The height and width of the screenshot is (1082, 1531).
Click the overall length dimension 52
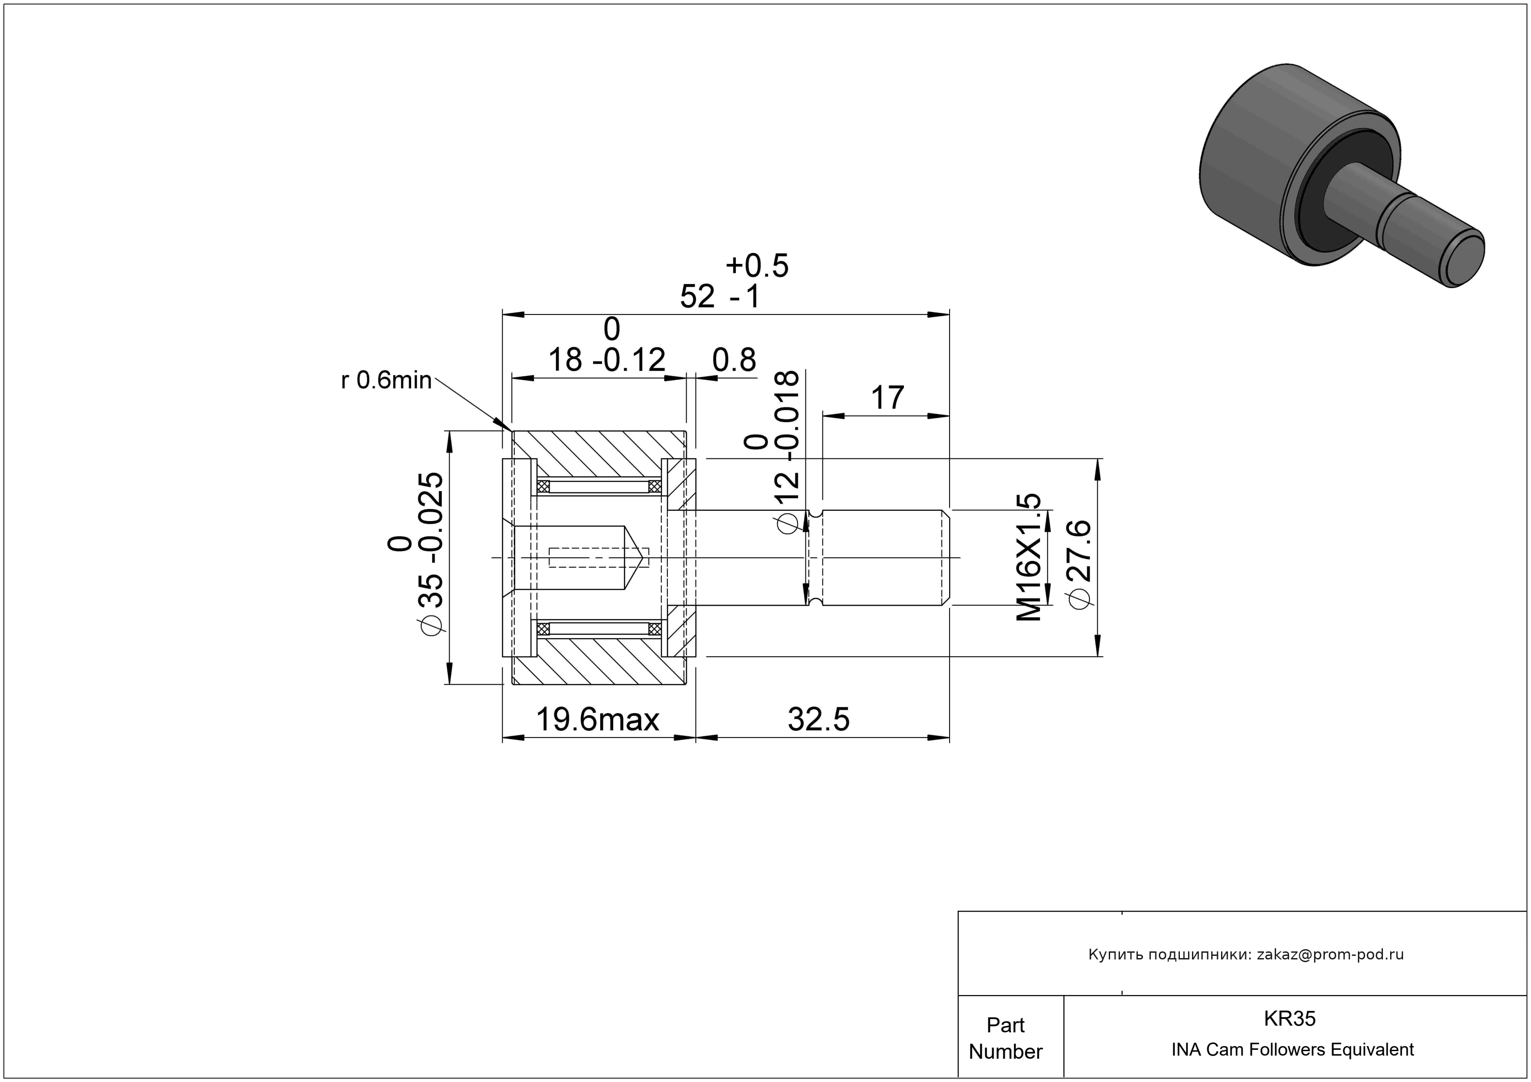tap(697, 297)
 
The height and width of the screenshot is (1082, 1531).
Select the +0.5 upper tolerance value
tap(757, 266)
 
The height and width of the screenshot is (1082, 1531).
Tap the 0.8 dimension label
tap(734, 360)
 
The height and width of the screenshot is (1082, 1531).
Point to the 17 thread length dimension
tap(887, 398)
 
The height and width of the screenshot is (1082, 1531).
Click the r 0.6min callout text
tap(386, 381)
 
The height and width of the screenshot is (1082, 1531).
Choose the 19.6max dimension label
tap(598, 719)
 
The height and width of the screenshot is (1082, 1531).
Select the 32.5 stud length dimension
tap(819, 719)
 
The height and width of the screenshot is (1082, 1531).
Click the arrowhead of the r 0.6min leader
tap(505, 427)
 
